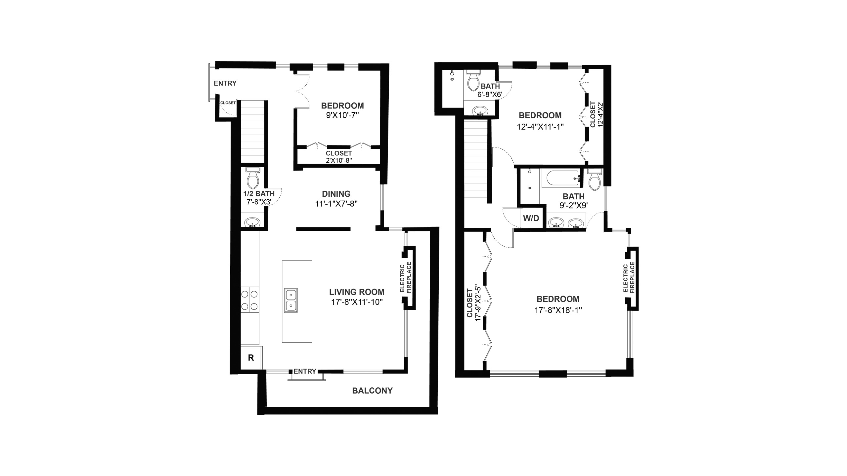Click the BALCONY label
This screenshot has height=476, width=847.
coord(372,391)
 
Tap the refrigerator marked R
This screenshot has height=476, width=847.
coord(251,358)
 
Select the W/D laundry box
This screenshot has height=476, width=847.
coord(531,218)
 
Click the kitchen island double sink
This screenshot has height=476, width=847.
coord(291,300)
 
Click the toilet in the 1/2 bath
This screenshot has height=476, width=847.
coord(253,178)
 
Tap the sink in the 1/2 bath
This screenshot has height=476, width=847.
coord(253,222)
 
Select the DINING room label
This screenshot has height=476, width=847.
coord(336,194)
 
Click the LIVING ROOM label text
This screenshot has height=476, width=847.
coord(357,292)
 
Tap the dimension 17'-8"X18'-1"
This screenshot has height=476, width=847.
coord(558,310)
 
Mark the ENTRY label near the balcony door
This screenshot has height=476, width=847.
coord(305,371)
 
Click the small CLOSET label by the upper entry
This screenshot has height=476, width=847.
coord(228,103)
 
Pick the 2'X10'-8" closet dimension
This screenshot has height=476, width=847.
coord(339,160)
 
